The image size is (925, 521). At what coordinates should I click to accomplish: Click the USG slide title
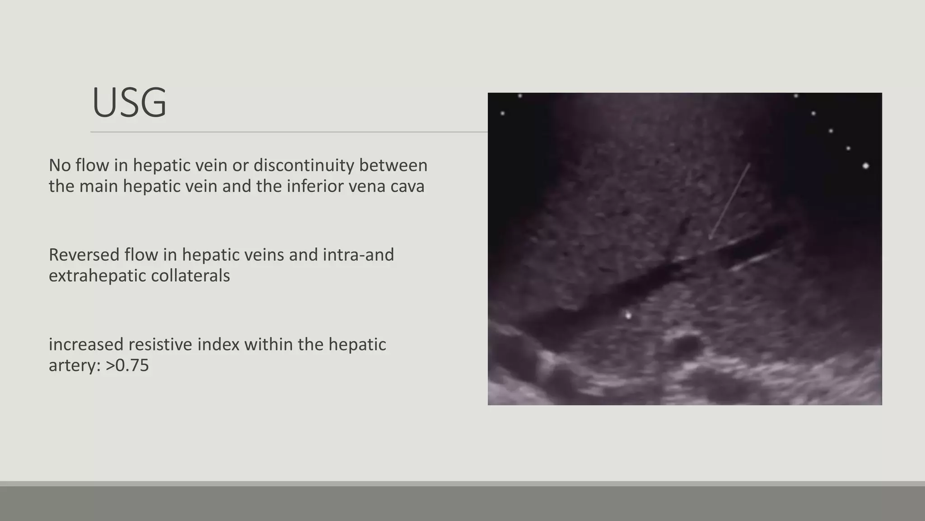129,103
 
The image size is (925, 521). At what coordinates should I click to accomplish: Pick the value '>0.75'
127,365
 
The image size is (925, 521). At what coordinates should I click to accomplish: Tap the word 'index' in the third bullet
219,345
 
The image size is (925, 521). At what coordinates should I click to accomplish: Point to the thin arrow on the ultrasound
729,202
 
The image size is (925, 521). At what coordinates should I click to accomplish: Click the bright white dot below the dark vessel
628,315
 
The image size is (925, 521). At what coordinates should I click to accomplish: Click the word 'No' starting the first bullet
59,166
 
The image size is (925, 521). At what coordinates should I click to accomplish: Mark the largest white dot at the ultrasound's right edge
865,166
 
